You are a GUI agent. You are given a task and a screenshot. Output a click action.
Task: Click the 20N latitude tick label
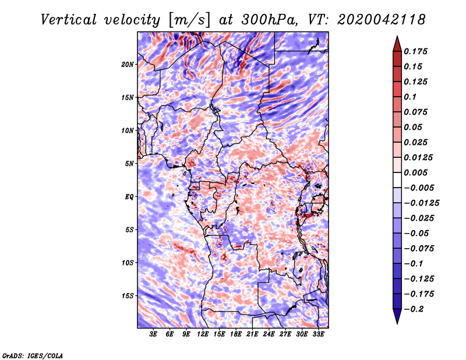point(128,65)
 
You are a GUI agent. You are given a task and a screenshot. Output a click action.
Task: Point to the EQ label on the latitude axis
point(129,197)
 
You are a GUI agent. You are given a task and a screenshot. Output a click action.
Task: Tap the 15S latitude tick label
point(128,296)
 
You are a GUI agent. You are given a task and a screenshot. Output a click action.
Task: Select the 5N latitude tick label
point(129,164)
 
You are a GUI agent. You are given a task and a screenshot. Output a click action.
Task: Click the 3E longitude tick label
point(153,334)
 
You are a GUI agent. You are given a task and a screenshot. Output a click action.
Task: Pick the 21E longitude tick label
point(252,334)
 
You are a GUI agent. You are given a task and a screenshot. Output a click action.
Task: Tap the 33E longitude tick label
point(318,334)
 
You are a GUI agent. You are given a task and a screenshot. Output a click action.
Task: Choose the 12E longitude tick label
point(202,334)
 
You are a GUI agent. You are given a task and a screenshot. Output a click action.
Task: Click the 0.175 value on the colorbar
point(415,51)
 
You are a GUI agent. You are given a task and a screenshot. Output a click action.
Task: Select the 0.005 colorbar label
point(415,172)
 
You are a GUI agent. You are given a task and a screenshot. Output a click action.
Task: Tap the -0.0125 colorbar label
point(421,203)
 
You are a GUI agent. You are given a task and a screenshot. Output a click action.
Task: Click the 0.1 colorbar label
point(410,97)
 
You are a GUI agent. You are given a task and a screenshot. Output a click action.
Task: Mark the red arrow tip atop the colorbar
point(397,36)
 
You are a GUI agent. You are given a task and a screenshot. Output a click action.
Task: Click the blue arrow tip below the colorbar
point(397,323)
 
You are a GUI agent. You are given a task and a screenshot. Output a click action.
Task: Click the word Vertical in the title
point(68,20)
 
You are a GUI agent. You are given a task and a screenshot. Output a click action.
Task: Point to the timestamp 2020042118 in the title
point(382,20)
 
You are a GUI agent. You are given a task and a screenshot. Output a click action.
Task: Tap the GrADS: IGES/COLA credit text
point(33,355)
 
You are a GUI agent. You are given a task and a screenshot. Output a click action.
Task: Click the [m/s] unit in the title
point(189,20)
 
